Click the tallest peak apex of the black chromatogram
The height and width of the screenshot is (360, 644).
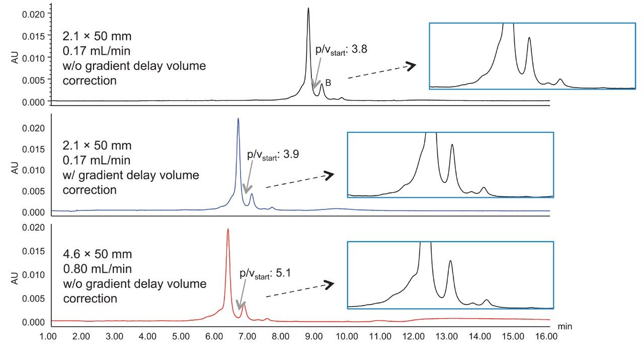click(308, 9)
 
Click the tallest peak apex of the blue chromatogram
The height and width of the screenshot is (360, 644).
click(238, 119)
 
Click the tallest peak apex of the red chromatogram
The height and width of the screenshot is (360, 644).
click(228, 229)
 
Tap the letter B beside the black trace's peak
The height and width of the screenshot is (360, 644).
click(328, 83)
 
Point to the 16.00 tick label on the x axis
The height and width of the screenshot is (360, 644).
click(546, 335)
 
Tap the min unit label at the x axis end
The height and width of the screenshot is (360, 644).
click(565, 326)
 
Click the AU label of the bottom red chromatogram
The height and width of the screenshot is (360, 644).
click(15, 275)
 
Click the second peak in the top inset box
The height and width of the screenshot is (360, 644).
click(529, 38)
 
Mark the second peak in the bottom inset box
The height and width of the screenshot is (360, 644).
click(450, 261)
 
